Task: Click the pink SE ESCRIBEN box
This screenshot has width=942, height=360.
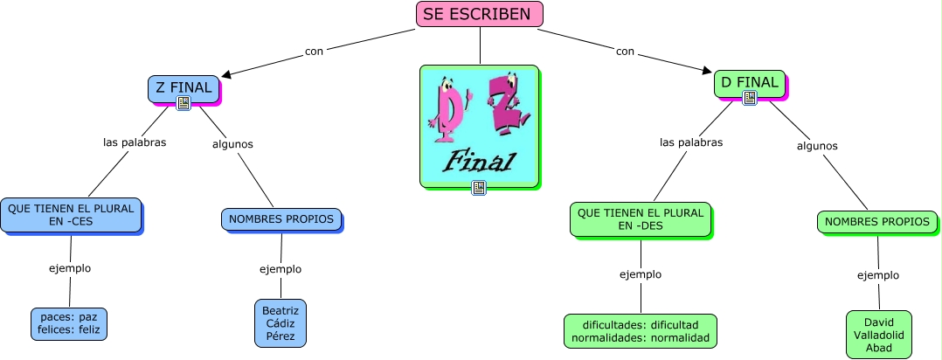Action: tap(479, 14)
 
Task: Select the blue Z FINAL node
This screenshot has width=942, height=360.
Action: tap(184, 87)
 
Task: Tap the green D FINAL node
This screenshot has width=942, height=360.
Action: tap(749, 83)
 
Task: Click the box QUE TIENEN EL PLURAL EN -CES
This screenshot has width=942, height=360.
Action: tap(71, 215)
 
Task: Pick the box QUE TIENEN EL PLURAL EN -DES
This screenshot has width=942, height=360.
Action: tap(640, 218)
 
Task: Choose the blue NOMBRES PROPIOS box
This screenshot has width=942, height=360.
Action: tap(281, 219)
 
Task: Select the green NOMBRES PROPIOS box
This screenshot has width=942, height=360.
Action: tap(877, 222)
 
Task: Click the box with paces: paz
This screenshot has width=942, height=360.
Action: tap(68, 324)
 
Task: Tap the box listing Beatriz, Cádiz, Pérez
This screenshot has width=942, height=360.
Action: tap(281, 323)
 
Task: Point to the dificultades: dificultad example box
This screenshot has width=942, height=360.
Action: tap(641, 330)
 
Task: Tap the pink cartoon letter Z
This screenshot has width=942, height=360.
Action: tap(504, 105)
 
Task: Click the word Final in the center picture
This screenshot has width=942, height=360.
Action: tap(480, 161)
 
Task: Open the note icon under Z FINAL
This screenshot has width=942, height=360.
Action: tap(184, 103)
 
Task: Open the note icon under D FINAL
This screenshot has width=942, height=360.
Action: tap(749, 98)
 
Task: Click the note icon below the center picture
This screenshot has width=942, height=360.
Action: tap(479, 187)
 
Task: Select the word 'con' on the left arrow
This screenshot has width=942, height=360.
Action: tap(314, 52)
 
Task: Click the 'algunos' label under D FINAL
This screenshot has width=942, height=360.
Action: tap(817, 146)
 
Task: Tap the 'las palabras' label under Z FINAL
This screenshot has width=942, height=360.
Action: tap(135, 142)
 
